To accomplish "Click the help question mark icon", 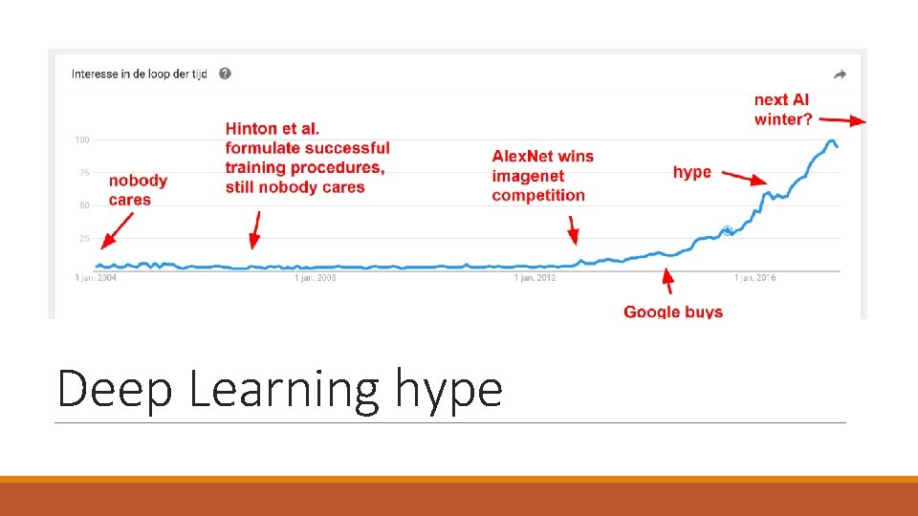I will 224,74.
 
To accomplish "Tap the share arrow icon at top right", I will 841,75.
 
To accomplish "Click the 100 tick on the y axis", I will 82,140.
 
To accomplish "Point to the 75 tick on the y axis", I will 83,173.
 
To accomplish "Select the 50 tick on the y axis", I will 83,205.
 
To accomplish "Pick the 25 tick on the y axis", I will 83,239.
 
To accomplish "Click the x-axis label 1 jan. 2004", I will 96,278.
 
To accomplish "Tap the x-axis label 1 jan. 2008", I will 315,278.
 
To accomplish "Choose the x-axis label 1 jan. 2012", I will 535,278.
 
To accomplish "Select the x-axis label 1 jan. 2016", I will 754,278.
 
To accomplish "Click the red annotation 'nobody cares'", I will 138,189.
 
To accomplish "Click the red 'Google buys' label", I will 673,312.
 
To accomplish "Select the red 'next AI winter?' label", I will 782,109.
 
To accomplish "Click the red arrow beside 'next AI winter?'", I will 842,120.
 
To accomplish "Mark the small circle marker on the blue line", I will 727,230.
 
